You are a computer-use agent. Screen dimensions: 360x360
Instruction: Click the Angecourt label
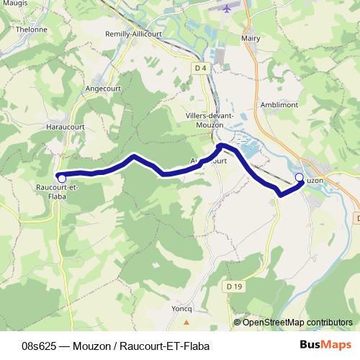104,89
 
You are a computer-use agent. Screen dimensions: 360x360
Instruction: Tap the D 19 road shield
232,287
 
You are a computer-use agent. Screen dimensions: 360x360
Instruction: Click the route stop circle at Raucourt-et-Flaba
62,178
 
